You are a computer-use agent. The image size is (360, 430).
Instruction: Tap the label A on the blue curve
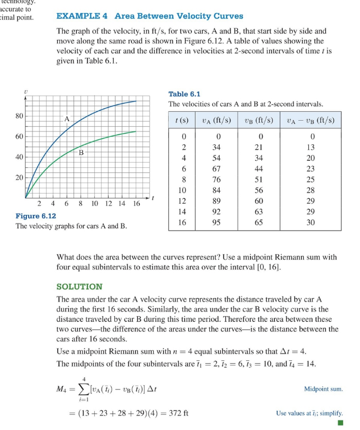pos(67,118)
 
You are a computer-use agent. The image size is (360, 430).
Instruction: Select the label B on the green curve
pos(81,152)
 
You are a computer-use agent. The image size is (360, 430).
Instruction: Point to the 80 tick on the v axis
pos(20,116)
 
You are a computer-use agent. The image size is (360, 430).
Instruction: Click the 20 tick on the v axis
pos(20,177)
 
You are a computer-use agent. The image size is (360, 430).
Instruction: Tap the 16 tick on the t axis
pos(136,204)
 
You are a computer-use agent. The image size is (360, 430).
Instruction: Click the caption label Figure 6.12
pos(35,216)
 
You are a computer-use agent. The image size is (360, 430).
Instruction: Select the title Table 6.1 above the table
pos(184,94)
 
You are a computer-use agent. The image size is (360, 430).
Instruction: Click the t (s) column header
pos(181,120)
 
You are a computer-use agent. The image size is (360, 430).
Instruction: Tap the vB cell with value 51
pos(259,180)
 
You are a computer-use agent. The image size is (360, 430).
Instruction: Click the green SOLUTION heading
pos(80,286)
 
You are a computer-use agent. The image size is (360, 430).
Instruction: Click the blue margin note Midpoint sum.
pos(323,388)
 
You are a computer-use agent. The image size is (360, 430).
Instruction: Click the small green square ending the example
pos(340,423)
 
